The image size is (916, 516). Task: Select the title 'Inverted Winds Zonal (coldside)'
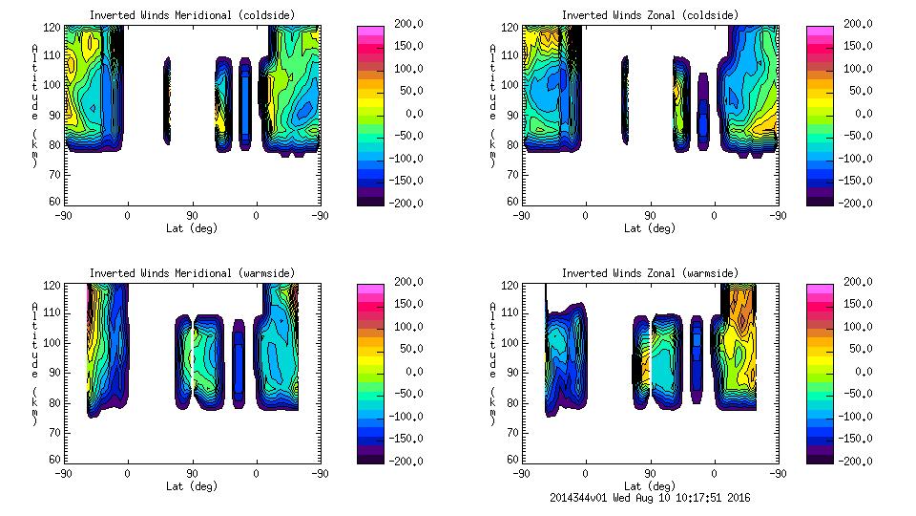(650, 15)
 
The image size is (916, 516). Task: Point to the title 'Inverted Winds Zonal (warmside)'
(650, 273)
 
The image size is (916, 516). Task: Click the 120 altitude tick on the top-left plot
(53, 29)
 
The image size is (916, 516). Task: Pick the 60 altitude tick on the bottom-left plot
(55, 460)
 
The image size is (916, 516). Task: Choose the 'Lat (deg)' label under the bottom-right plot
(650, 485)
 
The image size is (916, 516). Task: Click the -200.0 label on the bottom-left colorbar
(399, 461)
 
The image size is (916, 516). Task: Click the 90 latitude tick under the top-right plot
(649, 215)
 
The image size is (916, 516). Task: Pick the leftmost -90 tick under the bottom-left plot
(64, 473)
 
